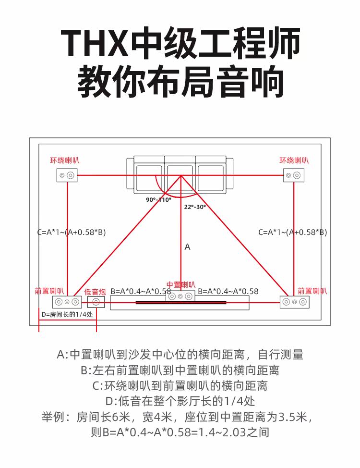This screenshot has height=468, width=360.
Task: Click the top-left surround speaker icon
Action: (x=67, y=175)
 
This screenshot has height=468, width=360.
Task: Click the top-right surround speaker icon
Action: (x=294, y=175)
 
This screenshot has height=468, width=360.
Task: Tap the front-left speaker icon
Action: (x=67, y=302)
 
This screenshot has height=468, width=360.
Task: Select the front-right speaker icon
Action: (x=295, y=302)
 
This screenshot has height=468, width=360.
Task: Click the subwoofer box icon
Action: (x=96, y=302)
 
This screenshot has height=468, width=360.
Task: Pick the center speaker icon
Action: (x=180, y=296)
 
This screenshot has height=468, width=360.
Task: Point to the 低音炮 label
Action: (x=95, y=292)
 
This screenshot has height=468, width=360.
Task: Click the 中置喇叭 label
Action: (x=181, y=285)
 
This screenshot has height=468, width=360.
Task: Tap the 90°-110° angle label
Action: (x=159, y=200)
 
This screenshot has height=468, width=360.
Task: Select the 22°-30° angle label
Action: (x=195, y=207)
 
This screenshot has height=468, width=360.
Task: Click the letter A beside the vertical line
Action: (x=187, y=247)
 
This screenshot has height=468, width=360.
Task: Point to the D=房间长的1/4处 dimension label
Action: (x=67, y=314)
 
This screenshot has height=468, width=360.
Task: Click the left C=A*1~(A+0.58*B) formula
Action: (x=72, y=232)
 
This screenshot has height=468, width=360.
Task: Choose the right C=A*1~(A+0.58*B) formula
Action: (x=293, y=232)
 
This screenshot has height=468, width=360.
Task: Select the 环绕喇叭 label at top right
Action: (x=294, y=160)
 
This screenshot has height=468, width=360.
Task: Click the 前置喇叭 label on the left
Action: (x=49, y=291)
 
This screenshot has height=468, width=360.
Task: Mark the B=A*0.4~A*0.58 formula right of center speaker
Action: (x=228, y=291)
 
